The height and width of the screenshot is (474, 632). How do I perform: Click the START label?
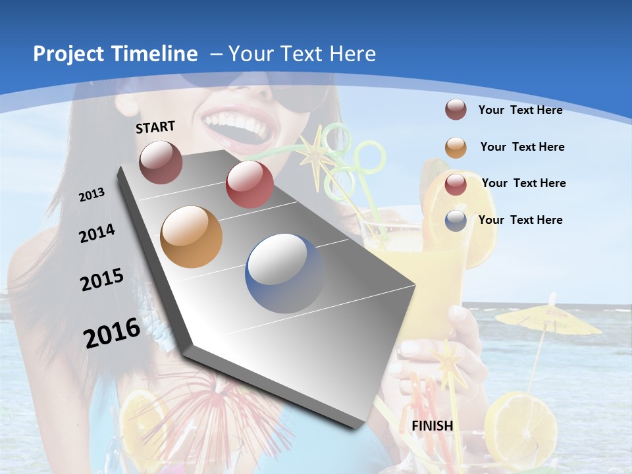pos(155,127)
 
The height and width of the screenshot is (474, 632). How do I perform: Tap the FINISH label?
pos(433,426)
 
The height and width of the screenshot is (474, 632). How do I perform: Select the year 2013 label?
pos(92,195)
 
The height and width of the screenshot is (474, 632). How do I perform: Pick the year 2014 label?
pos(97,233)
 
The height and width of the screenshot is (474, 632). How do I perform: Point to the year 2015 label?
pos(102,280)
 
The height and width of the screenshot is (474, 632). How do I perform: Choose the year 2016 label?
pos(112,332)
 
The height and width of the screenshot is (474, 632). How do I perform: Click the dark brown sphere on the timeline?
pos(161,163)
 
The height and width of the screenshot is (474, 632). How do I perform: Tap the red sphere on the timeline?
pos(250,184)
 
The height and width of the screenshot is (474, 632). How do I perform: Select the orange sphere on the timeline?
pos(192,237)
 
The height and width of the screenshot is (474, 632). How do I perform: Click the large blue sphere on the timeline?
pos(284,273)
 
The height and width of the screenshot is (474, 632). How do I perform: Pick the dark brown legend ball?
pos(456,110)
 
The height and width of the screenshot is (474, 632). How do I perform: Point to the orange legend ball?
pos(456,147)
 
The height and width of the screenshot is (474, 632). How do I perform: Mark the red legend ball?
pos(456,184)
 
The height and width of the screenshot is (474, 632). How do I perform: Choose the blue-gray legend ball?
pos(456,221)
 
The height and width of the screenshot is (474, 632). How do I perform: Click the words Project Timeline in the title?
pos(115,54)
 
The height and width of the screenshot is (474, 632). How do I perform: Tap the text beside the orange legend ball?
pos(522,147)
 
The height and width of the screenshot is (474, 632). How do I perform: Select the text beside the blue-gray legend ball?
pos(521,220)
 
